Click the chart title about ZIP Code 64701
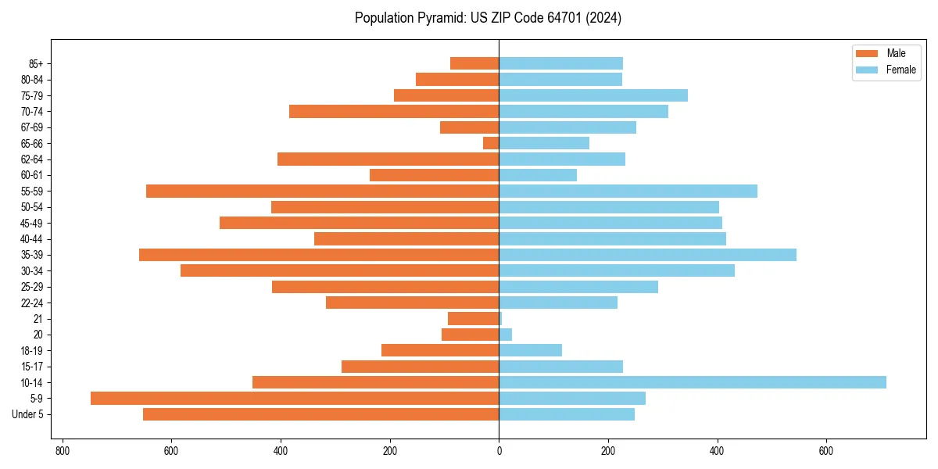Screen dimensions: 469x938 pos(488,18)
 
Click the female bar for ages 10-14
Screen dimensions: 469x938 pos(693,382)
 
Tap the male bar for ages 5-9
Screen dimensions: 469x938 pos(295,398)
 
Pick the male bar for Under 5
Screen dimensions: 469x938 pos(320,414)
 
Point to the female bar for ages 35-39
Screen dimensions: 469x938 pos(647,255)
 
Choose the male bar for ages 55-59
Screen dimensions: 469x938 pos(322,191)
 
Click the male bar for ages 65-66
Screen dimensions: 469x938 pos(491,143)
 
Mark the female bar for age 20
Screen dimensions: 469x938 pos(505,335)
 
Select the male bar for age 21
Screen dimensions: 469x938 pos(473,318)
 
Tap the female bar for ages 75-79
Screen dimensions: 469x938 pos(593,95)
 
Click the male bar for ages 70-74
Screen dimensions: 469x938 pos(394,111)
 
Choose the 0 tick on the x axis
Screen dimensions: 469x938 pos(499,451)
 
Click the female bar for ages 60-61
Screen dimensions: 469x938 pos(538,175)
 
